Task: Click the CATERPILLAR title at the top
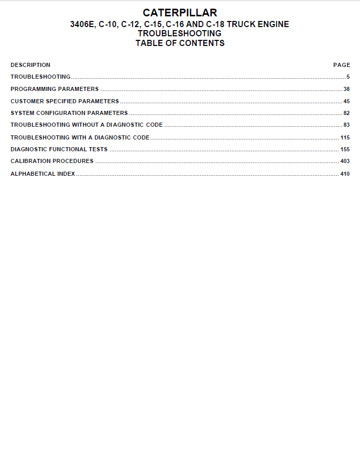(x=180, y=13)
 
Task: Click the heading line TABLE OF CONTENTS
(x=180, y=43)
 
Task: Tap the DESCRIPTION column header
(x=31, y=65)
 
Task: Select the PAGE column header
(x=342, y=65)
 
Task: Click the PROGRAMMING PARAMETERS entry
(x=55, y=89)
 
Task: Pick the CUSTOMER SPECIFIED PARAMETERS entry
(x=65, y=101)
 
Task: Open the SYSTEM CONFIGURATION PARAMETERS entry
(x=69, y=113)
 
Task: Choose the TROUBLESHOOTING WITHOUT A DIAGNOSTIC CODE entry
(x=87, y=125)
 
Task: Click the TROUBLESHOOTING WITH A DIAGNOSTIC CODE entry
(x=80, y=137)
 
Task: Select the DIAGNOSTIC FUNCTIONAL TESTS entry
(x=59, y=149)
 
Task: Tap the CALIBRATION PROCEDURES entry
(x=52, y=161)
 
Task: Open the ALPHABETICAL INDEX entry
(x=43, y=174)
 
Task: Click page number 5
(x=348, y=77)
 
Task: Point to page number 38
(x=346, y=89)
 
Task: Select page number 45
(x=346, y=101)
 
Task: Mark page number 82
(x=346, y=113)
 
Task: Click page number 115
(x=345, y=137)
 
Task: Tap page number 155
(x=345, y=149)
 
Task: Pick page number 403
(x=345, y=161)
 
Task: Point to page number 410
(x=345, y=174)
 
